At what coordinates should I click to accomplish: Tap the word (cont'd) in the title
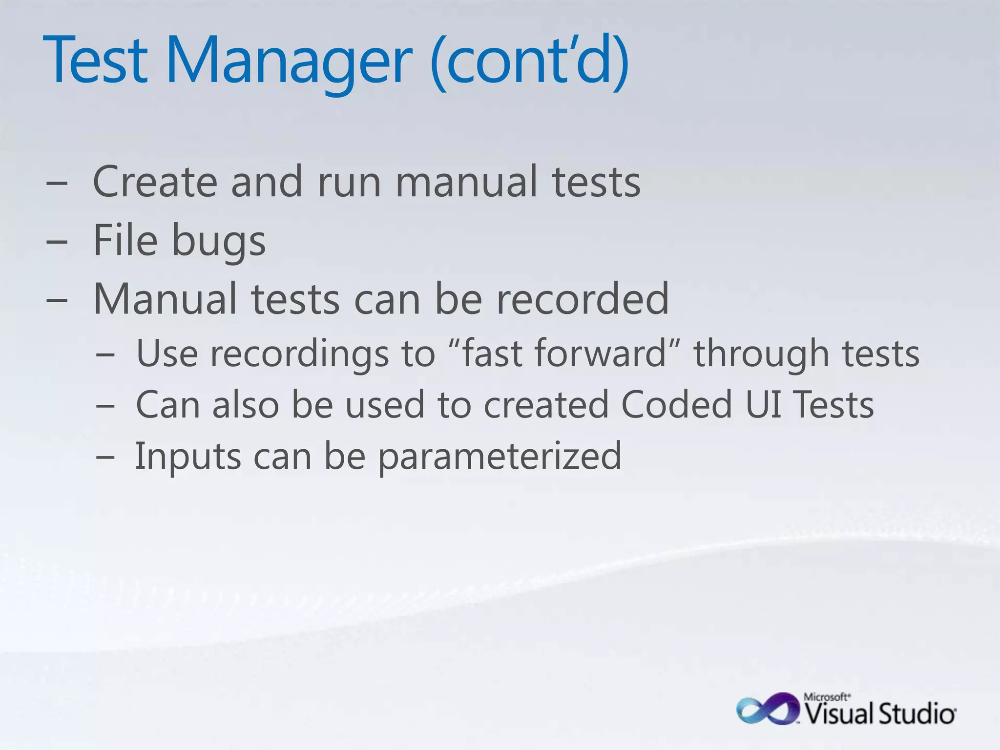click(530, 61)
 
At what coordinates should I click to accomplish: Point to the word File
click(125, 240)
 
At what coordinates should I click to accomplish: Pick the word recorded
click(582, 299)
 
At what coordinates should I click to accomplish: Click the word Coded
click(677, 404)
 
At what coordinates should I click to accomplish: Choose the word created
click(546, 404)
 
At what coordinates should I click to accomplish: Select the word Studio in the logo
click(917, 714)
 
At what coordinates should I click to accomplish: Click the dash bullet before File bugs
click(57, 241)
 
